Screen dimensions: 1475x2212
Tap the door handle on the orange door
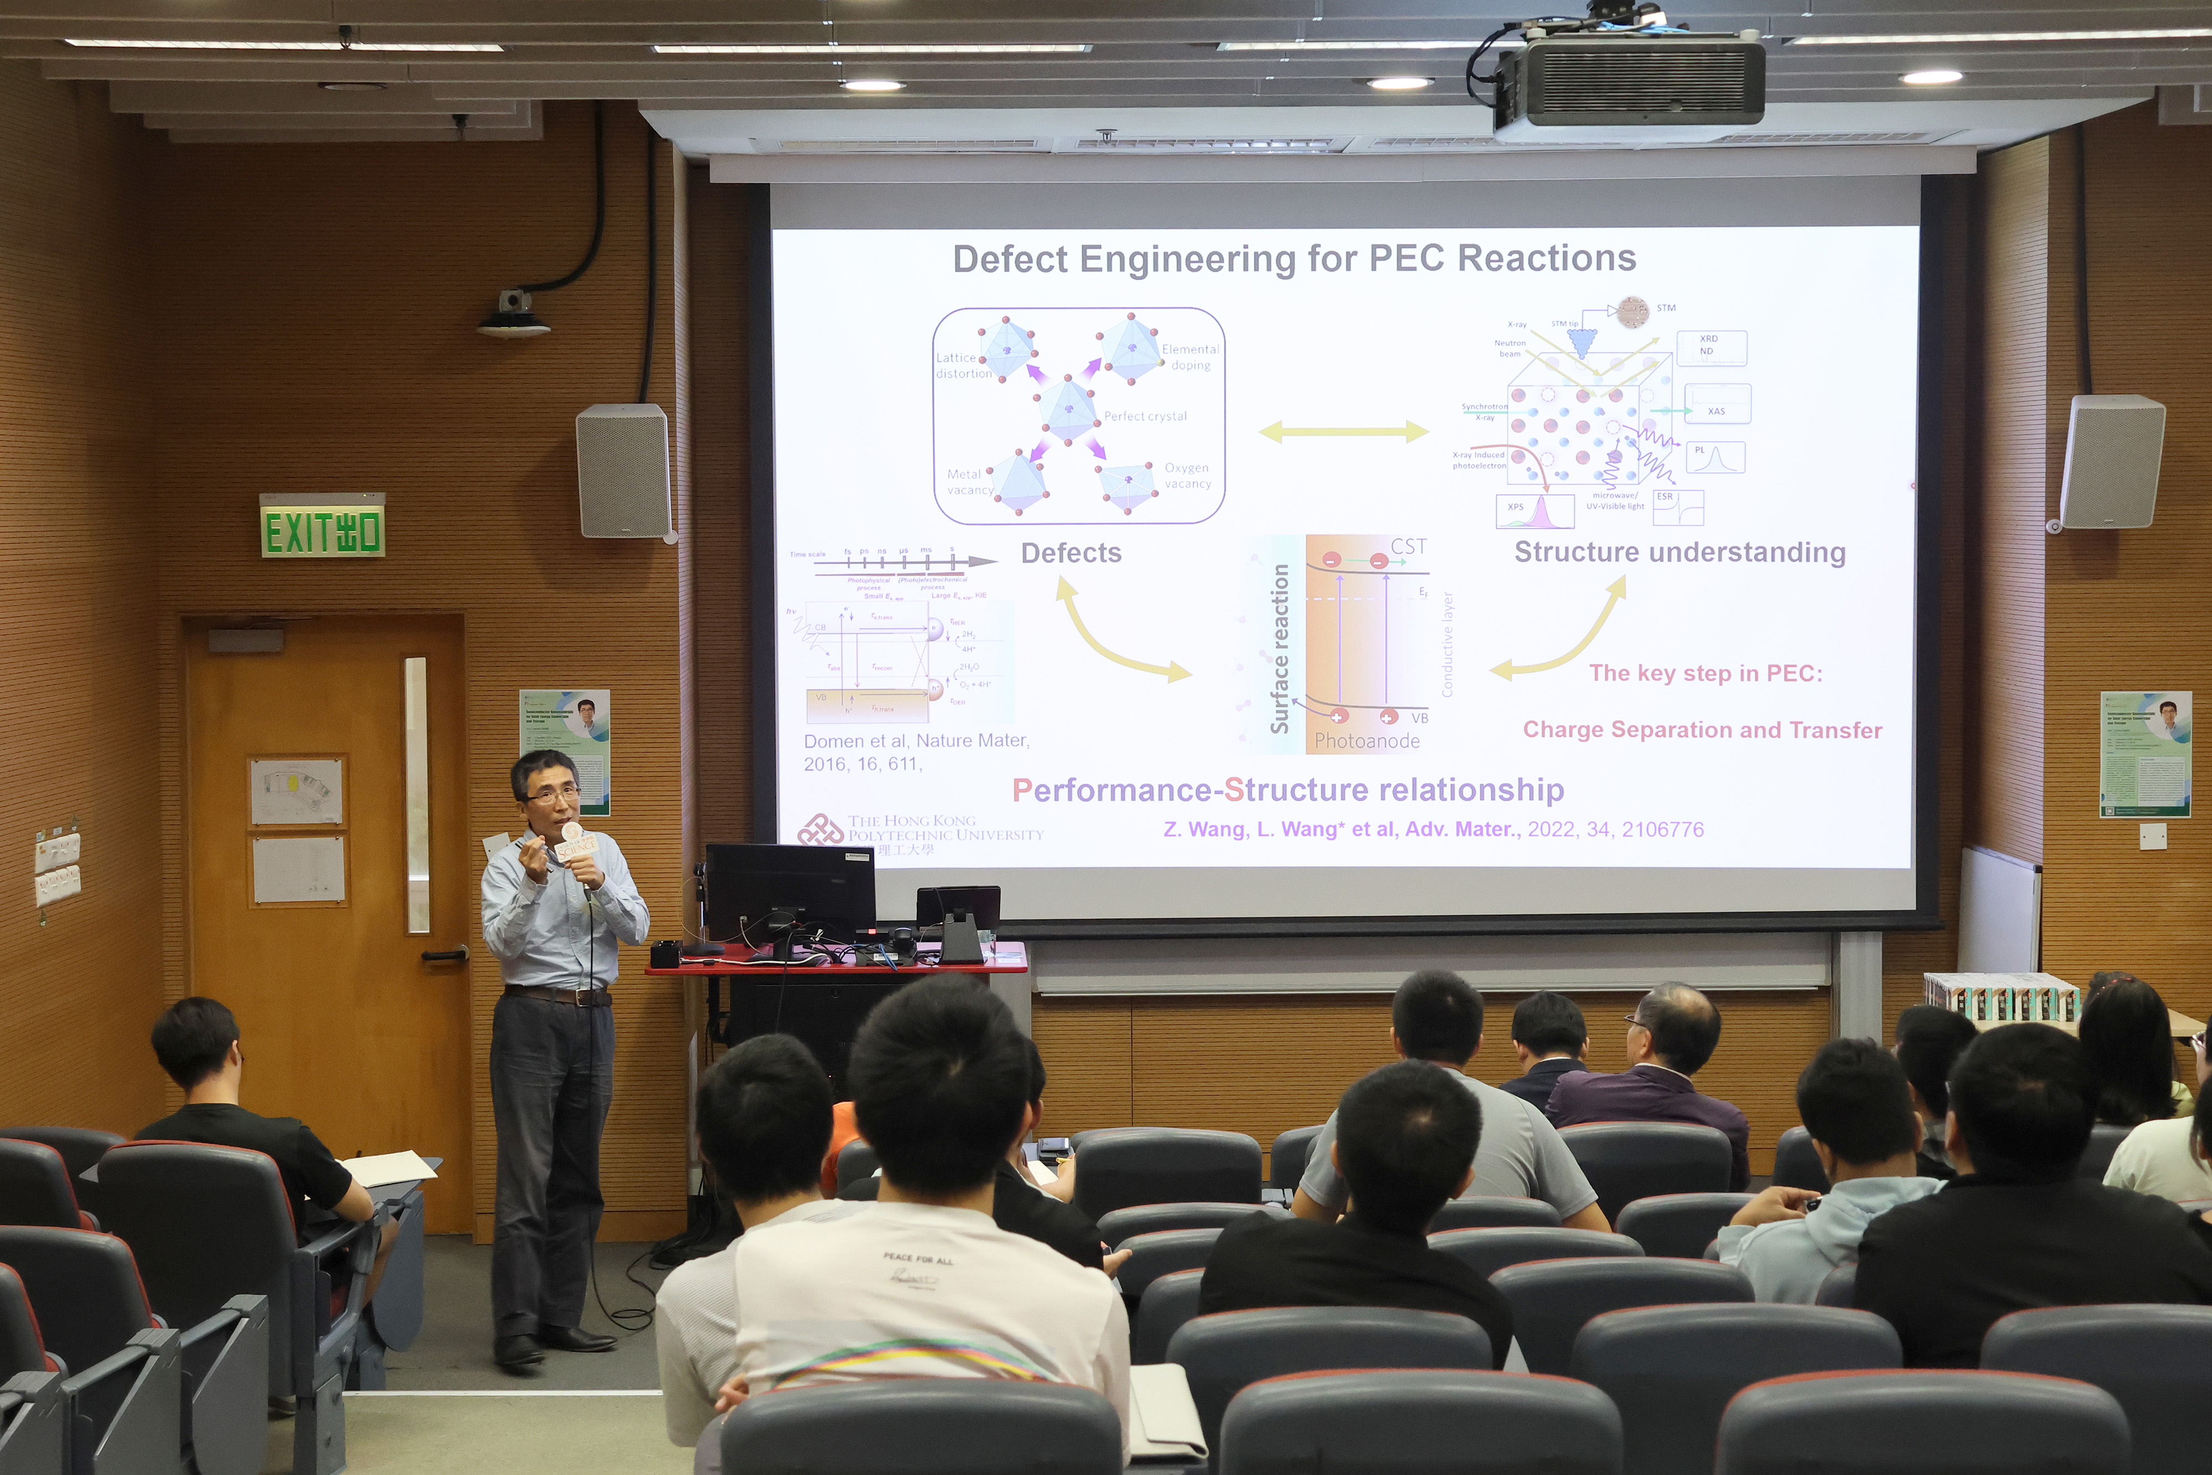pyautogui.click(x=444, y=955)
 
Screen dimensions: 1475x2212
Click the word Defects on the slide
pyautogui.click(x=1071, y=553)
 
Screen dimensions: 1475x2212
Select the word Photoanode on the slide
pyautogui.click(x=1366, y=741)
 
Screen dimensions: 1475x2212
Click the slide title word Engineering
pyautogui.click(x=1186, y=259)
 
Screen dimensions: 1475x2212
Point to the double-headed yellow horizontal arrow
pyautogui.click(x=1343, y=432)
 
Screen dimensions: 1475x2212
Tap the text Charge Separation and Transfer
pyautogui.click(x=1702, y=730)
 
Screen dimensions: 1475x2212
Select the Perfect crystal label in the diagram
pyautogui.click(x=1145, y=416)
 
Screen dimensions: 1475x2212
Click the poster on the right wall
pyautogui.click(x=2145, y=753)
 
